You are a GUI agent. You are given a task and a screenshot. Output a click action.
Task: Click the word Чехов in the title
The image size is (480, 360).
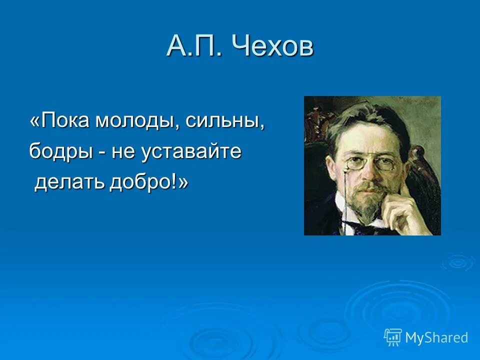273,47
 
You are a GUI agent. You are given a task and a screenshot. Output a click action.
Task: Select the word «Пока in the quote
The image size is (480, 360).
60,121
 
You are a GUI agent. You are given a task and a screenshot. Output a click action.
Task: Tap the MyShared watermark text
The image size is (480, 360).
436,337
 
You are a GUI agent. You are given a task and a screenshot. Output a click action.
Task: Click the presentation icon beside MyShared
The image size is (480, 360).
393,337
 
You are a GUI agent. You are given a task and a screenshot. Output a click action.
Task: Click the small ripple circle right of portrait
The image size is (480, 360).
457,261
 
